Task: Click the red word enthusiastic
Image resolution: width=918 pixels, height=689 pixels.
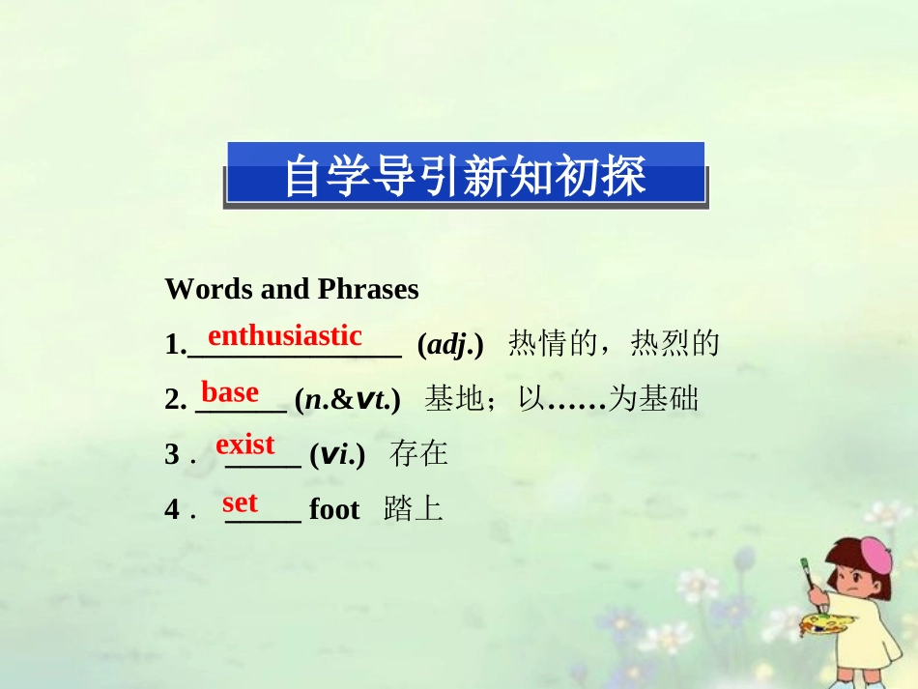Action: point(285,336)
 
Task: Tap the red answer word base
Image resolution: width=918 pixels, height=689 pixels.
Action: point(230,392)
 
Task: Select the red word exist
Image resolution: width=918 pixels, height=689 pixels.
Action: point(245,445)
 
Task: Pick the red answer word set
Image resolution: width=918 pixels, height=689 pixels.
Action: point(241,502)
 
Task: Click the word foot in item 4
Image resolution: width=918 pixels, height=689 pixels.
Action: point(334,509)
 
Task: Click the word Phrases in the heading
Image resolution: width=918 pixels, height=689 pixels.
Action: point(369,289)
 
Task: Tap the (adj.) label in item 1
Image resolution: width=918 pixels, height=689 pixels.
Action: point(449,343)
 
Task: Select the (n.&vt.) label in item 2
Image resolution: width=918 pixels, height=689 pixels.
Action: point(348,398)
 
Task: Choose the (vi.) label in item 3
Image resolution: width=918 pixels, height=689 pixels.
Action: point(337,453)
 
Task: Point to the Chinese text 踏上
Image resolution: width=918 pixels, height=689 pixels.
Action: point(413,509)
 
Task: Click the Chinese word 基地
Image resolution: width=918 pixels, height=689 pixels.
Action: point(454,398)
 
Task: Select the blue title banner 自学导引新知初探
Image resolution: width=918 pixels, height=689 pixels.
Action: point(465,174)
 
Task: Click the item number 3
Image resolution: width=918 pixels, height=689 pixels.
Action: point(171,454)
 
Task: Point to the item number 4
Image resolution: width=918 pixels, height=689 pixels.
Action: point(171,510)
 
